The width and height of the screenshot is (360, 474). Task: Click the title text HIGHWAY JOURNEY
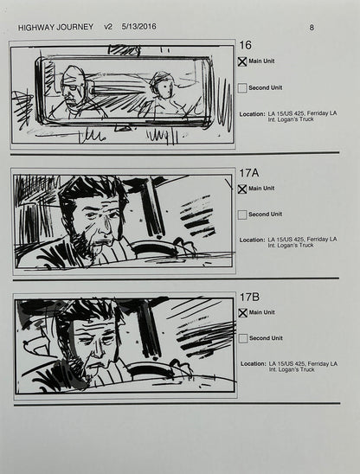54,27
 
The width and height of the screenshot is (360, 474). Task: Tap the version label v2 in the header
109,27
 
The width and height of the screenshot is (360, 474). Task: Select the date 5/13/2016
141,27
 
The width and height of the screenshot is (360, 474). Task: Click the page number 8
312,27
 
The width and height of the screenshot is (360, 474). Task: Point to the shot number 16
245,45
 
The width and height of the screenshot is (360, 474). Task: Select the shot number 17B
248,297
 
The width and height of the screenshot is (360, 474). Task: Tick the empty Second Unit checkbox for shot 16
242,87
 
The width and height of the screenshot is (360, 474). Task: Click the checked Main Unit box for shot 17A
242,189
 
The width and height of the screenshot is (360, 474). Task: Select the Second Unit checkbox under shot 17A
242,214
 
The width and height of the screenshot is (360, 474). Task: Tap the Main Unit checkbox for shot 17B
242,312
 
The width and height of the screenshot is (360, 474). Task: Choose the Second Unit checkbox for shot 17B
242,337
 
